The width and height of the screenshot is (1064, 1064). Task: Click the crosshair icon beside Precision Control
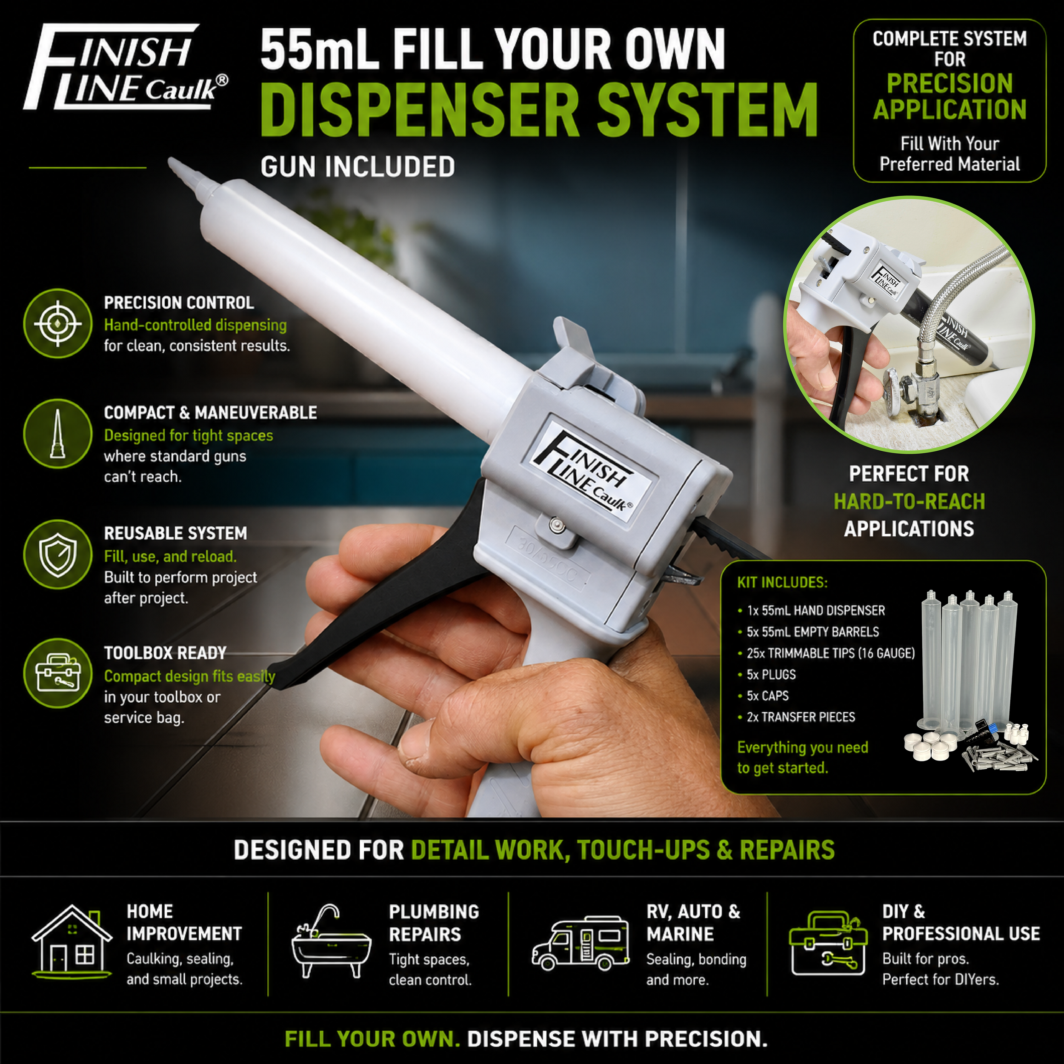[58, 323]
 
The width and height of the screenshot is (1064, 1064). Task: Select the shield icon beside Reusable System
[58, 554]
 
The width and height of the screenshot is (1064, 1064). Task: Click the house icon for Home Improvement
[72, 942]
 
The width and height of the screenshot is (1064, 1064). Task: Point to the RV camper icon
[581, 943]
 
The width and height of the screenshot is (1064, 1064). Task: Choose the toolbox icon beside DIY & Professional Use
[828, 943]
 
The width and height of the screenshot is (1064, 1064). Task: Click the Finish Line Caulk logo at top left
[126, 67]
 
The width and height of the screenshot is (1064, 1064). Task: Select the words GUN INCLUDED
[358, 167]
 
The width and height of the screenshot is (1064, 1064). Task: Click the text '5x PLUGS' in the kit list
[771, 675]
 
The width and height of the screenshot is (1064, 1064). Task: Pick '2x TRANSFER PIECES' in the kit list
[801, 717]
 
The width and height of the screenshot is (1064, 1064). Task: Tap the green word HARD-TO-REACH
[909, 502]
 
